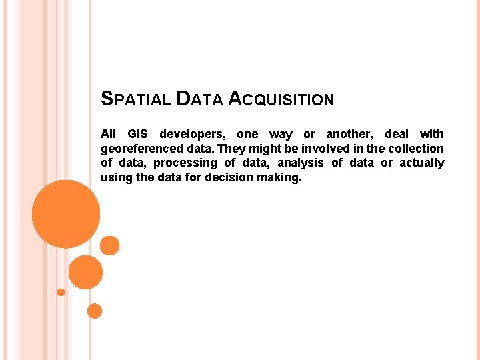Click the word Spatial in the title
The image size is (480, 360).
(x=135, y=100)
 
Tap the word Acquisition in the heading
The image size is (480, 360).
(x=281, y=100)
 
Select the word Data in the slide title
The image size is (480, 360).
(x=199, y=100)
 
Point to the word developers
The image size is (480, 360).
(x=193, y=134)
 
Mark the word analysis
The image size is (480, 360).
(x=301, y=163)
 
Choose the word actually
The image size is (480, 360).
(x=422, y=163)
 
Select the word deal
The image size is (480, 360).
(x=397, y=134)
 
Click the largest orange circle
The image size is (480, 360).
(x=66, y=215)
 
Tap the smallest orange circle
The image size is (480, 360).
(x=61, y=292)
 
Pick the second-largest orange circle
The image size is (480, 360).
(x=85, y=272)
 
